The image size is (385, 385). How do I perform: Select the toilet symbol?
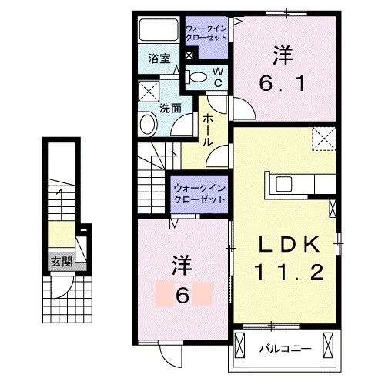197,75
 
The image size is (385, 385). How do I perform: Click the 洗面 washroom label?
170,109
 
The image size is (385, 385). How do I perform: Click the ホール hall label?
208,131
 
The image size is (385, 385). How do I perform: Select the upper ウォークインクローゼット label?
206,35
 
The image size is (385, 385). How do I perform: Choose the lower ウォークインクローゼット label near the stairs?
198,192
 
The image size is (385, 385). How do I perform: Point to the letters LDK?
287,243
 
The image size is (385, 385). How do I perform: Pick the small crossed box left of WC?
190,55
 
